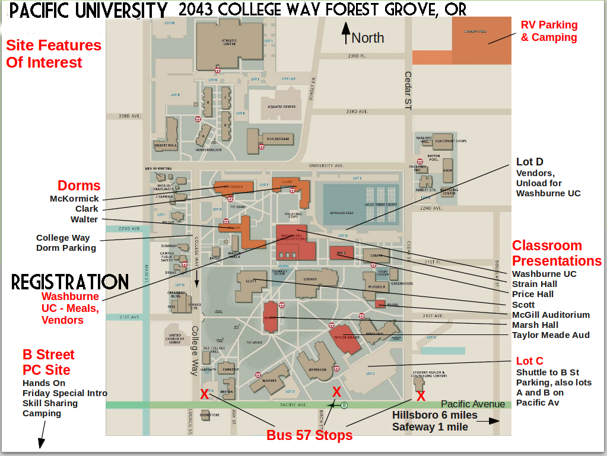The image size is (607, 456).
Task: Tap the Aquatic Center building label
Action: [281, 107]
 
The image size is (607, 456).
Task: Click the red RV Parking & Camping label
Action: [549, 31]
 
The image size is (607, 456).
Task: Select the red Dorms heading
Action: [79, 186]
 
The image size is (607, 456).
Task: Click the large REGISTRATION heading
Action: [70, 282]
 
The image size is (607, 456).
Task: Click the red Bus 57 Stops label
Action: [309, 435]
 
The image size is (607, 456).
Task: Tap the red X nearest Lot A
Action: [205, 394]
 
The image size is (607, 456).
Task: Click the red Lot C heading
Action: [529, 361]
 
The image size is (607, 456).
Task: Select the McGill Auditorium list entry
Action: [551, 315]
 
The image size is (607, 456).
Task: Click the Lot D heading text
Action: [529, 162]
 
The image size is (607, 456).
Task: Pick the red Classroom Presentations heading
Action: [557, 253]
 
